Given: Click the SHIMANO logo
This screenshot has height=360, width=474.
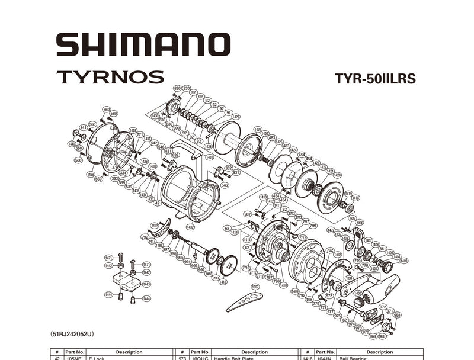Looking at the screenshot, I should click(x=143, y=45).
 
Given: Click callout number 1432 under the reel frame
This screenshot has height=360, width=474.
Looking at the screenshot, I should click(x=190, y=227).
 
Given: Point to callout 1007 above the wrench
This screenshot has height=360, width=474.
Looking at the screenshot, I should click(x=255, y=287).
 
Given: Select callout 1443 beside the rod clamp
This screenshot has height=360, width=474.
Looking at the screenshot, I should click(x=146, y=285).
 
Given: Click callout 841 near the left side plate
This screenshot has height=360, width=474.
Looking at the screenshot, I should click(x=84, y=127).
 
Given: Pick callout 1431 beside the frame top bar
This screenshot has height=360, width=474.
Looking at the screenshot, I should click(x=209, y=157).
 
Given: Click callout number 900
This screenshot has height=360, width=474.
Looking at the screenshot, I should click(x=177, y=128).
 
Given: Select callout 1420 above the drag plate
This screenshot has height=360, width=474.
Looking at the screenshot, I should click(x=337, y=175).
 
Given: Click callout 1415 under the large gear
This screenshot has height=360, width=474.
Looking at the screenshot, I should click(x=223, y=282).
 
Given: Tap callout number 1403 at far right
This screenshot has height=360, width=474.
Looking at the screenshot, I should click(x=404, y=261).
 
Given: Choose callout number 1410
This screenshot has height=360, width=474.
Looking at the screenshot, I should click(x=283, y=285).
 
